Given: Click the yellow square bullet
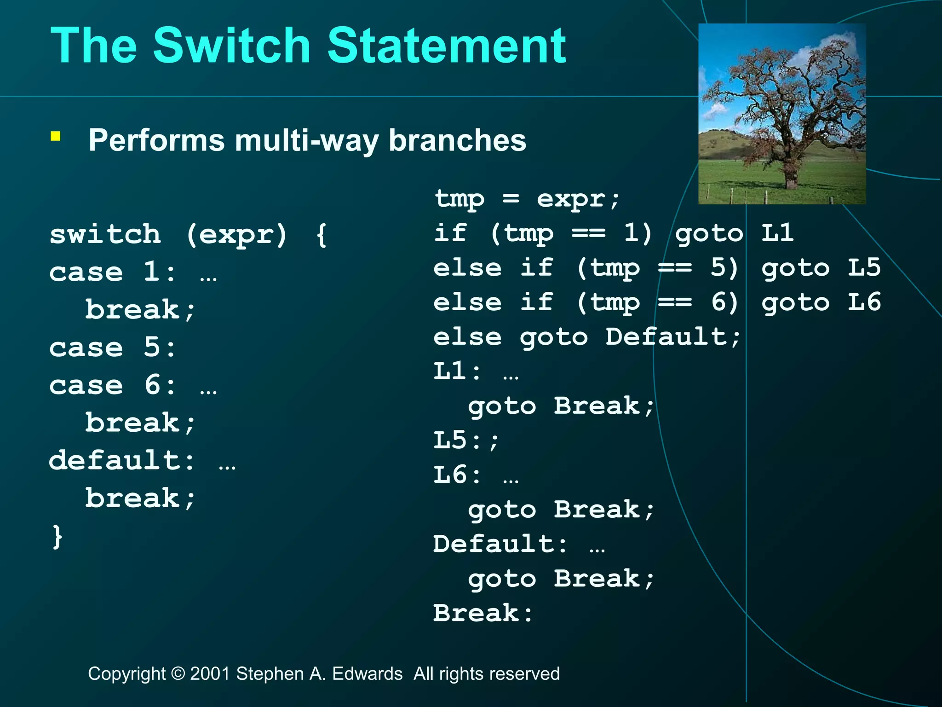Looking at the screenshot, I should (56, 136).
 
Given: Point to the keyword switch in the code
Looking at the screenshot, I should (105, 234).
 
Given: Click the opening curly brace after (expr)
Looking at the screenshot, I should (322, 234).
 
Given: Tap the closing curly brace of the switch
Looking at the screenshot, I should (57, 536).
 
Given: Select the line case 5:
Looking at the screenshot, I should (113, 348).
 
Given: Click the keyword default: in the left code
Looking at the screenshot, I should (122, 461).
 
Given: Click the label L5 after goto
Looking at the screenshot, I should (864, 268).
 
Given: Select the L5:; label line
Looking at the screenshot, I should (466, 440).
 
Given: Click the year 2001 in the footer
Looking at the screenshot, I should (210, 674).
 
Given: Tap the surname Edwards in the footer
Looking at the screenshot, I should (367, 674).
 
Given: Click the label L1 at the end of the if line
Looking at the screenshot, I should (777, 233).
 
